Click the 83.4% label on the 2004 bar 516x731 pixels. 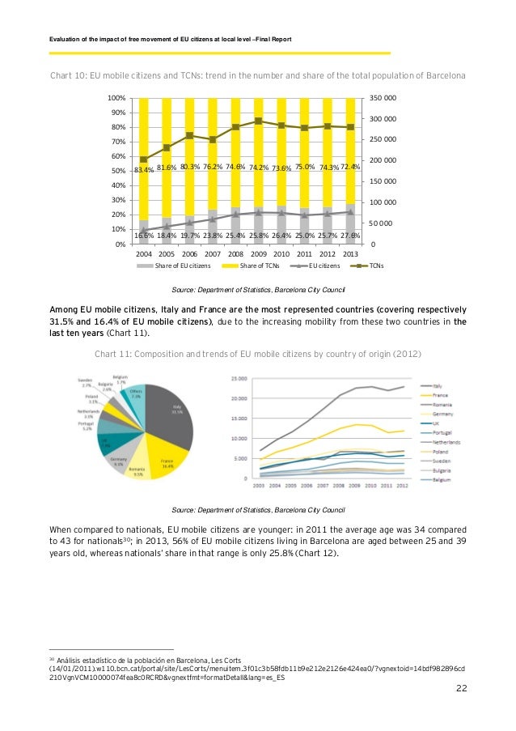pos(144,170)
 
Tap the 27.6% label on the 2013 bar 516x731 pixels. pos(350,235)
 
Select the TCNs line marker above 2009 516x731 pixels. pos(258,121)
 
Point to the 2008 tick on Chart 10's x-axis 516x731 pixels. pos(235,253)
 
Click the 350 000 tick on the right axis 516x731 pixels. pos(384,98)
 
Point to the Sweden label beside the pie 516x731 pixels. pos(84,382)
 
